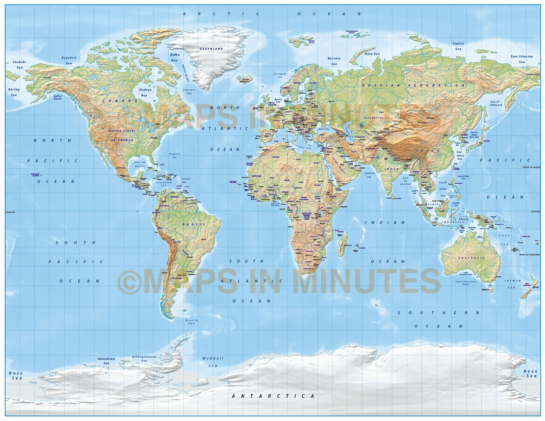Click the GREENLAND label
[211, 49]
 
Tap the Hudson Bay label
[145, 92]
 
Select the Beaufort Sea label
[69, 60]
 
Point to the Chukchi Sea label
[19, 65]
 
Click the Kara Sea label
[372, 54]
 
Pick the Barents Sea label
[334, 61]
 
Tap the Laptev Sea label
[458, 46]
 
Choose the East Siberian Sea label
[522, 59]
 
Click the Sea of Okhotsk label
[496, 103]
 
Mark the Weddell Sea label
[213, 362]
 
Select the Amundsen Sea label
[106, 361]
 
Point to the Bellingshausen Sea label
[144, 359]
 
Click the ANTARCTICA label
[273, 396]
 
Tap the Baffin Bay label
[175, 57]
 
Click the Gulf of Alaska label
[58, 97]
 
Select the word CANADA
[120, 101]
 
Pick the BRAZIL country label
[194, 224]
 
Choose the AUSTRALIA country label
[471, 258]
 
